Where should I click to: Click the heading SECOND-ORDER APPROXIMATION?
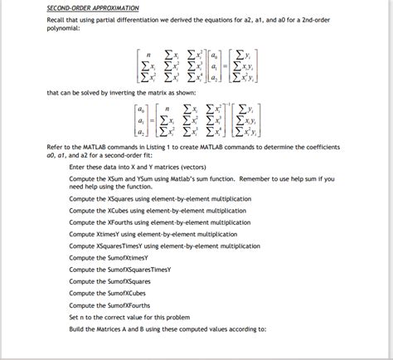pos(92,7)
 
